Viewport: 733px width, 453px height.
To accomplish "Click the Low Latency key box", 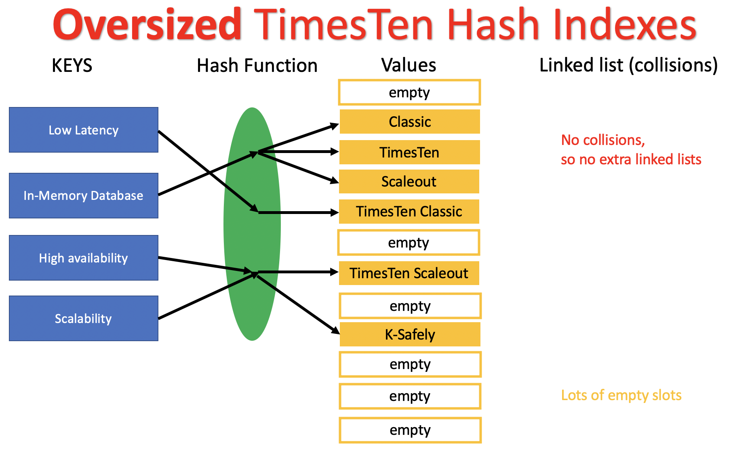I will [x=84, y=130].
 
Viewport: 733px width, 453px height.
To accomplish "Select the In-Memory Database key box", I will [x=84, y=196].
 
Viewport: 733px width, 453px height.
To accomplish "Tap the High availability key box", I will [x=84, y=258].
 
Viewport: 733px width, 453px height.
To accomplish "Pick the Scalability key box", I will [x=84, y=319].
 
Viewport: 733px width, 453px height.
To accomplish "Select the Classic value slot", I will [x=410, y=122].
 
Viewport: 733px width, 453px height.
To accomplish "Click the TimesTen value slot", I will [x=409, y=152].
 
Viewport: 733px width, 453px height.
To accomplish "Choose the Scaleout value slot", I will [x=409, y=182].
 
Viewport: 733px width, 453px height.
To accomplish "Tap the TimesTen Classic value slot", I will [x=409, y=212].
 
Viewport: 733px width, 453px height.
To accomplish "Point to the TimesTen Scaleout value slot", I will [x=409, y=273].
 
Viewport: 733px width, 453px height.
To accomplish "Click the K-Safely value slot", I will [x=410, y=334].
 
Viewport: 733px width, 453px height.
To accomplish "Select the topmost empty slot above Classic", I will [x=409, y=92].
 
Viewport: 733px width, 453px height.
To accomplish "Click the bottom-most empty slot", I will [x=410, y=430].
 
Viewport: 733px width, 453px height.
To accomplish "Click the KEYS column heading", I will [x=72, y=65].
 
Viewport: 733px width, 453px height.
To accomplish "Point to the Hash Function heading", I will [x=257, y=65].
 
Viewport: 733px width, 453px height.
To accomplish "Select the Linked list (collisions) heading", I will [x=628, y=65].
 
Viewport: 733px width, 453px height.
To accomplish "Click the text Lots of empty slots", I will [x=621, y=395].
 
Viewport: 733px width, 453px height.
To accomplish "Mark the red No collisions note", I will [x=630, y=150].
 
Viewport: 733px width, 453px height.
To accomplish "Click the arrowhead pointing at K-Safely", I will [x=336, y=331].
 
